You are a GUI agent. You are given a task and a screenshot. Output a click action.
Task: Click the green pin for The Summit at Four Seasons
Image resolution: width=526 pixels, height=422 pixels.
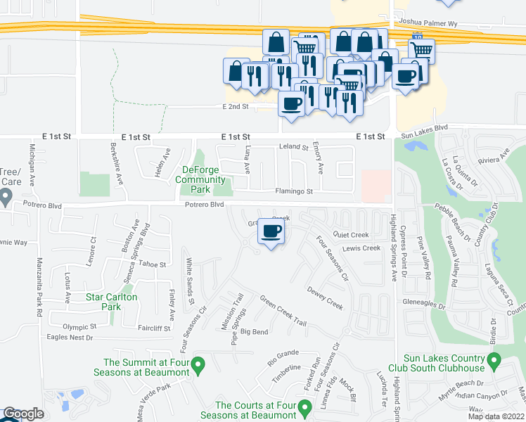(198, 365)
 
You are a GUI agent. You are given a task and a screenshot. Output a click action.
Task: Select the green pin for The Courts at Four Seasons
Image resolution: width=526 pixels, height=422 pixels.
(304, 407)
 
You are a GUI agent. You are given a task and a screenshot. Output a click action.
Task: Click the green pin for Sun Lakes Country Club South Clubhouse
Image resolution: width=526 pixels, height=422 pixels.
(493, 362)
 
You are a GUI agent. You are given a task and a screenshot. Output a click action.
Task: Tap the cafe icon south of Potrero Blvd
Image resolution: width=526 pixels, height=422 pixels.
(271, 232)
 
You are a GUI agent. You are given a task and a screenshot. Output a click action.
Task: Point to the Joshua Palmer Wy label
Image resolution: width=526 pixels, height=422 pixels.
(427, 23)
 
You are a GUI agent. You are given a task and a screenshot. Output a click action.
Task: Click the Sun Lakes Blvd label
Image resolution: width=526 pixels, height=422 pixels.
(424, 128)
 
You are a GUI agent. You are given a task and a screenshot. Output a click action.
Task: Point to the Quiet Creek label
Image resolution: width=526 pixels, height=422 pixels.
(352, 235)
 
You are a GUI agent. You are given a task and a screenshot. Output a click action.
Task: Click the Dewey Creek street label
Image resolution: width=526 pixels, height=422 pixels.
(325, 297)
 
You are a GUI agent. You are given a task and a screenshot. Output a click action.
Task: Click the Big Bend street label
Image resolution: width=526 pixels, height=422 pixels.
(254, 331)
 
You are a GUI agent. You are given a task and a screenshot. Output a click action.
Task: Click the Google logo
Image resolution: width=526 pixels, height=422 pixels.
(23, 414)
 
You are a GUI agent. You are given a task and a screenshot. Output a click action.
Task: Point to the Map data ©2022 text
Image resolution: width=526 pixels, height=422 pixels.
(496, 416)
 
